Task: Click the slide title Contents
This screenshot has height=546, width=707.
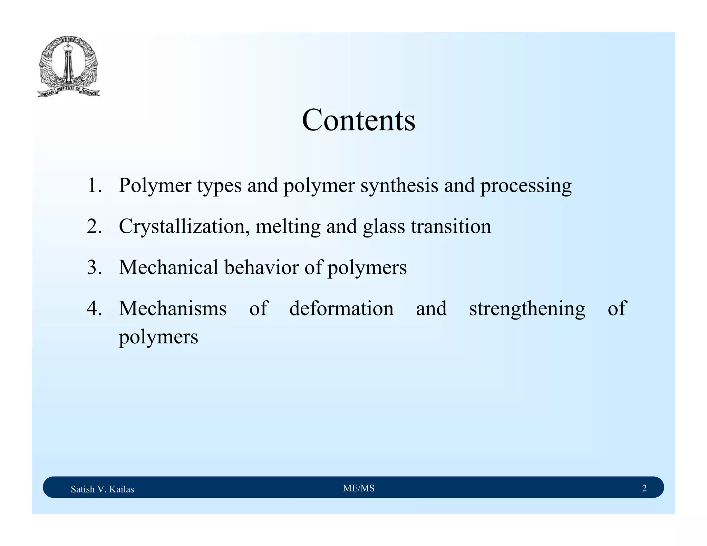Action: (x=358, y=120)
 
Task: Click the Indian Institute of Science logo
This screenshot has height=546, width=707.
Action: (x=68, y=67)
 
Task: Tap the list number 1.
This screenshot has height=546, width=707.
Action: (x=94, y=186)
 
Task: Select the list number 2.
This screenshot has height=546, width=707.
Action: (x=94, y=227)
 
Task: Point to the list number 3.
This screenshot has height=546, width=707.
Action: (x=94, y=267)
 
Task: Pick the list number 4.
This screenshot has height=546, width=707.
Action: (x=94, y=308)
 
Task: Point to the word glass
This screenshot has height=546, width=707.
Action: (x=384, y=227)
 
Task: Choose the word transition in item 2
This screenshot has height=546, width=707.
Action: (x=451, y=227)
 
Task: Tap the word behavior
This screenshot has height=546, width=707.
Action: (x=261, y=267)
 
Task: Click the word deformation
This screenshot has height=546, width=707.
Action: (x=341, y=308)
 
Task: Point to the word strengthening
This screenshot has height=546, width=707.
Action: (x=527, y=309)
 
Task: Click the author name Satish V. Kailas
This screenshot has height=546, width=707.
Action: (x=102, y=489)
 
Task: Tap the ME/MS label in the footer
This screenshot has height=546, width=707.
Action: (x=359, y=488)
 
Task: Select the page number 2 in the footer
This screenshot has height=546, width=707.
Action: (x=644, y=488)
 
